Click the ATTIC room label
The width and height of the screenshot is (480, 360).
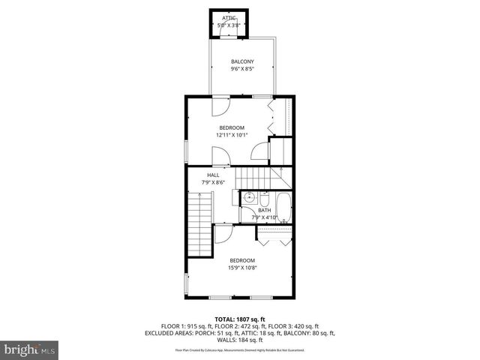229,17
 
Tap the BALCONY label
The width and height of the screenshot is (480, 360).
242,61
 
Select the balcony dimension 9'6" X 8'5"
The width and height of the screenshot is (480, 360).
242,69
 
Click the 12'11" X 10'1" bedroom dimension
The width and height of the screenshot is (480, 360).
231,136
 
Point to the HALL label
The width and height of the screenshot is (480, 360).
214,175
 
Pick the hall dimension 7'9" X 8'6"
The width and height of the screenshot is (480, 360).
214,182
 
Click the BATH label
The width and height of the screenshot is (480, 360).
265,211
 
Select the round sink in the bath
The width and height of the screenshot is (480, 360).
249,199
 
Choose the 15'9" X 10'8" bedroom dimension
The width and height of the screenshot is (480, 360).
242,268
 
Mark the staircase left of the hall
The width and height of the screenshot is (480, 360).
200,222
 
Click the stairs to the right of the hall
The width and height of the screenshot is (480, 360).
255,178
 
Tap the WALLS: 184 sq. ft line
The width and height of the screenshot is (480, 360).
240,340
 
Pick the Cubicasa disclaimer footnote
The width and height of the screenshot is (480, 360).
240,350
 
